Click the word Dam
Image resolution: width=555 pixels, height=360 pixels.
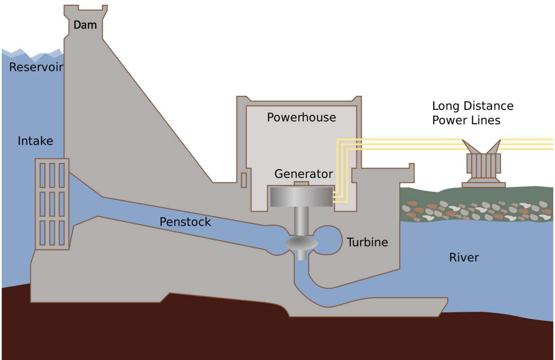coord(85,25)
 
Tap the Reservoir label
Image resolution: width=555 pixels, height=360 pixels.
coord(36,67)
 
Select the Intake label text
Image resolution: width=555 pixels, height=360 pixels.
coord(35,141)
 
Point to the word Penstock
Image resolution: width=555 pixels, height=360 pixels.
coord(185,222)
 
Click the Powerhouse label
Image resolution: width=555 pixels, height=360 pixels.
coord(301,117)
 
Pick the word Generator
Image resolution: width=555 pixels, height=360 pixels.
coord(304,174)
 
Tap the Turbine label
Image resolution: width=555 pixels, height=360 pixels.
coord(367,242)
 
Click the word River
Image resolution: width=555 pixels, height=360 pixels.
coord(464,257)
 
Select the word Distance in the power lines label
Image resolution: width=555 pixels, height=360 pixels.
coord(489,106)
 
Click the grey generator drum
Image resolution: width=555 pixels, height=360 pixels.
coord(301,196)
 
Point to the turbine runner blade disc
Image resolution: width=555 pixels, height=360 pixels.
coord(301,243)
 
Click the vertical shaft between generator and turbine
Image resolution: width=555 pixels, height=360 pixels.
coord(301,221)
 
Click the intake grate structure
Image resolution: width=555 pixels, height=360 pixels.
coord(52,204)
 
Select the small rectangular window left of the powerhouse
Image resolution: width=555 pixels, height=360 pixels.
coord(244,180)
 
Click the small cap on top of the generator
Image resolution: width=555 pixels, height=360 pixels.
coord(301,183)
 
